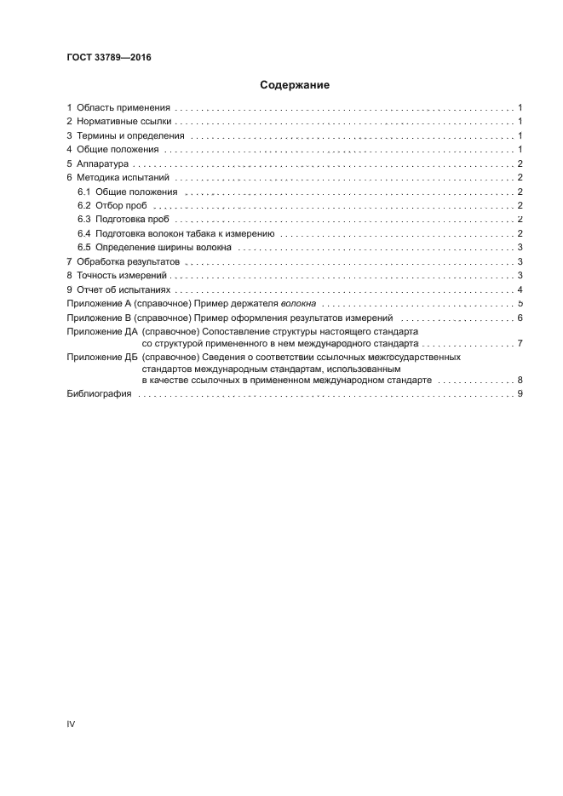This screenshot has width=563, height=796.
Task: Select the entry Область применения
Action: [x=124, y=108]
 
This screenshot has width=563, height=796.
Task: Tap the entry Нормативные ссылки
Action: [x=124, y=122]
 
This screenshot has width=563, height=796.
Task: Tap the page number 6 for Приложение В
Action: [x=519, y=317]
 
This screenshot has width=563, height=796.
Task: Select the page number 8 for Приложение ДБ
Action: [x=519, y=380]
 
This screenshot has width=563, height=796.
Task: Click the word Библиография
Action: [x=98, y=394]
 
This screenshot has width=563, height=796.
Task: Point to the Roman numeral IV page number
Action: [x=72, y=723]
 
